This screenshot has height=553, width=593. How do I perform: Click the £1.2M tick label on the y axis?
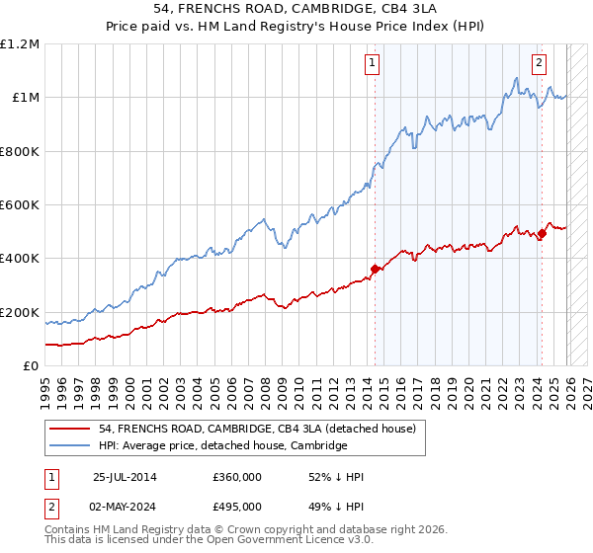[20, 44]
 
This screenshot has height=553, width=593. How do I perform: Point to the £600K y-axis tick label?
[20, 205]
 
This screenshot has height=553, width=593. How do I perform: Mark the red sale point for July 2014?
[375, 269]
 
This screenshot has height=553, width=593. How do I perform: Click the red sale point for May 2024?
[541, 233]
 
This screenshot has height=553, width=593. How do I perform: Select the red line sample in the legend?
[71, 429]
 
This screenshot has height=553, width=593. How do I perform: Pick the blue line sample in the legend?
[71, 445]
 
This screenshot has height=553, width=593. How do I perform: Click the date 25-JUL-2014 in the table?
[125, 477]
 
